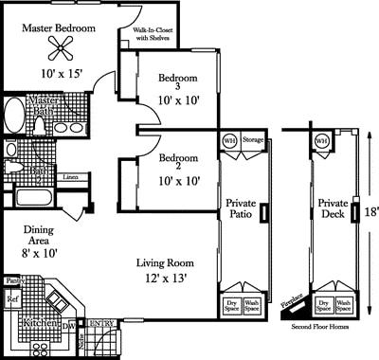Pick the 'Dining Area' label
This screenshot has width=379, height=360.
tap(38, 235)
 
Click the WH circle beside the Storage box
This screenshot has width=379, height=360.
tap(228, 140)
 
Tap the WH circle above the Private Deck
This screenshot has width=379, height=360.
tap(321, 140)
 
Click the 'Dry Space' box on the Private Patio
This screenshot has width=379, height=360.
tap(231, 306)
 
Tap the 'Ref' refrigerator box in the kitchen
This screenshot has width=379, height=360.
tap(12, 299)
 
